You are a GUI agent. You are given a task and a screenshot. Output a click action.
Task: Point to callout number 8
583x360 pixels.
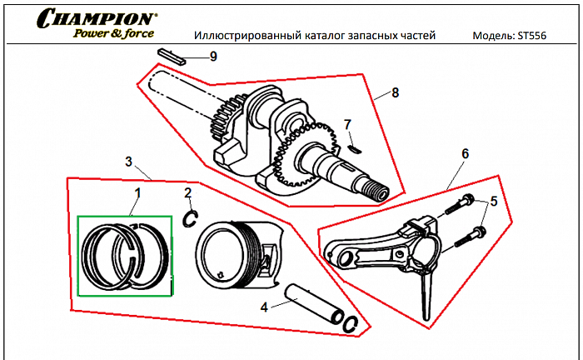396,92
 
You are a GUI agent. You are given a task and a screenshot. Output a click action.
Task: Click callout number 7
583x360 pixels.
348,125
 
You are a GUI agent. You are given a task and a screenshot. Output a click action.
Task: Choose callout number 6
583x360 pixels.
464,153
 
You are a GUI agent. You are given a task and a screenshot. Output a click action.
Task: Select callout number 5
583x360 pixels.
493,201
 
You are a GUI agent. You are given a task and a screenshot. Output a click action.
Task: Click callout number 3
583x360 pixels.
129,160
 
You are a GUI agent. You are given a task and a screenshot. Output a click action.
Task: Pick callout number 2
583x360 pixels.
189,193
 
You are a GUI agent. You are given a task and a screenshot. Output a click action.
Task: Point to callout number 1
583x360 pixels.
137,193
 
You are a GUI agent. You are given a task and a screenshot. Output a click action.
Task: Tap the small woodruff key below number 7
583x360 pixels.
353,150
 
